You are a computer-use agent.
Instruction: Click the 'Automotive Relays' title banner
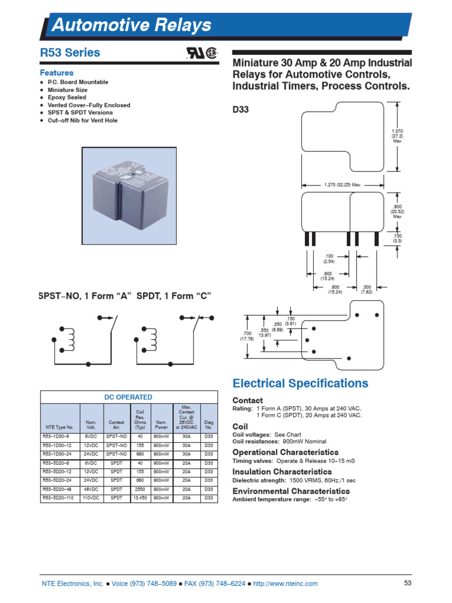pos(132,25)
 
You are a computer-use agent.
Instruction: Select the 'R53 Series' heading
pos(70,53)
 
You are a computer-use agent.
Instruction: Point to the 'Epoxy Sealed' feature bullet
pos(67,97)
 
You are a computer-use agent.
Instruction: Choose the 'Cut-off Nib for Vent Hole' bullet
pos(82,120)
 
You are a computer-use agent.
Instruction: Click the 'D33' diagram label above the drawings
pos(242,110)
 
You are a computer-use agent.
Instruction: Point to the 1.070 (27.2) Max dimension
pos(397,135)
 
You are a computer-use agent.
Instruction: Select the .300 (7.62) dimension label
pos(365,289)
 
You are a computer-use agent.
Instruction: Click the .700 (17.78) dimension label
pos(246,336)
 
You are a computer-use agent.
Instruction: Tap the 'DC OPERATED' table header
pos(128,397)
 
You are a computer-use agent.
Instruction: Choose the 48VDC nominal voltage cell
pos(91,489)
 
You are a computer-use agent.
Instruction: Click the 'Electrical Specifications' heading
pos(300,384)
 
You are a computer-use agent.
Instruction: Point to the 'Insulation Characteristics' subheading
pos(282,472)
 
